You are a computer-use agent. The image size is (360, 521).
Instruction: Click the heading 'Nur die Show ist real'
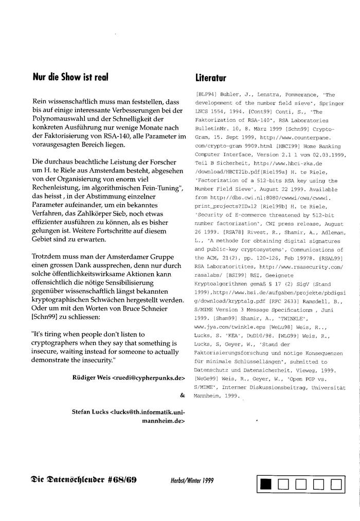pos(70,78)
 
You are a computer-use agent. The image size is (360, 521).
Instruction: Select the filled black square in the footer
pos(265,484)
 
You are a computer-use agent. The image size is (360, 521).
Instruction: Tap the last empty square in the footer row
pos(336,484)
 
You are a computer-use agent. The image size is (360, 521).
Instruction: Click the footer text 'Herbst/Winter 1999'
pos(192,481)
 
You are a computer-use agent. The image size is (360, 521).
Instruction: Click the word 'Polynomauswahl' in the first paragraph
pos(56,119)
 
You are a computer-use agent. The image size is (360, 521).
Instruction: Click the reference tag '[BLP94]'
pos(205,95)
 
